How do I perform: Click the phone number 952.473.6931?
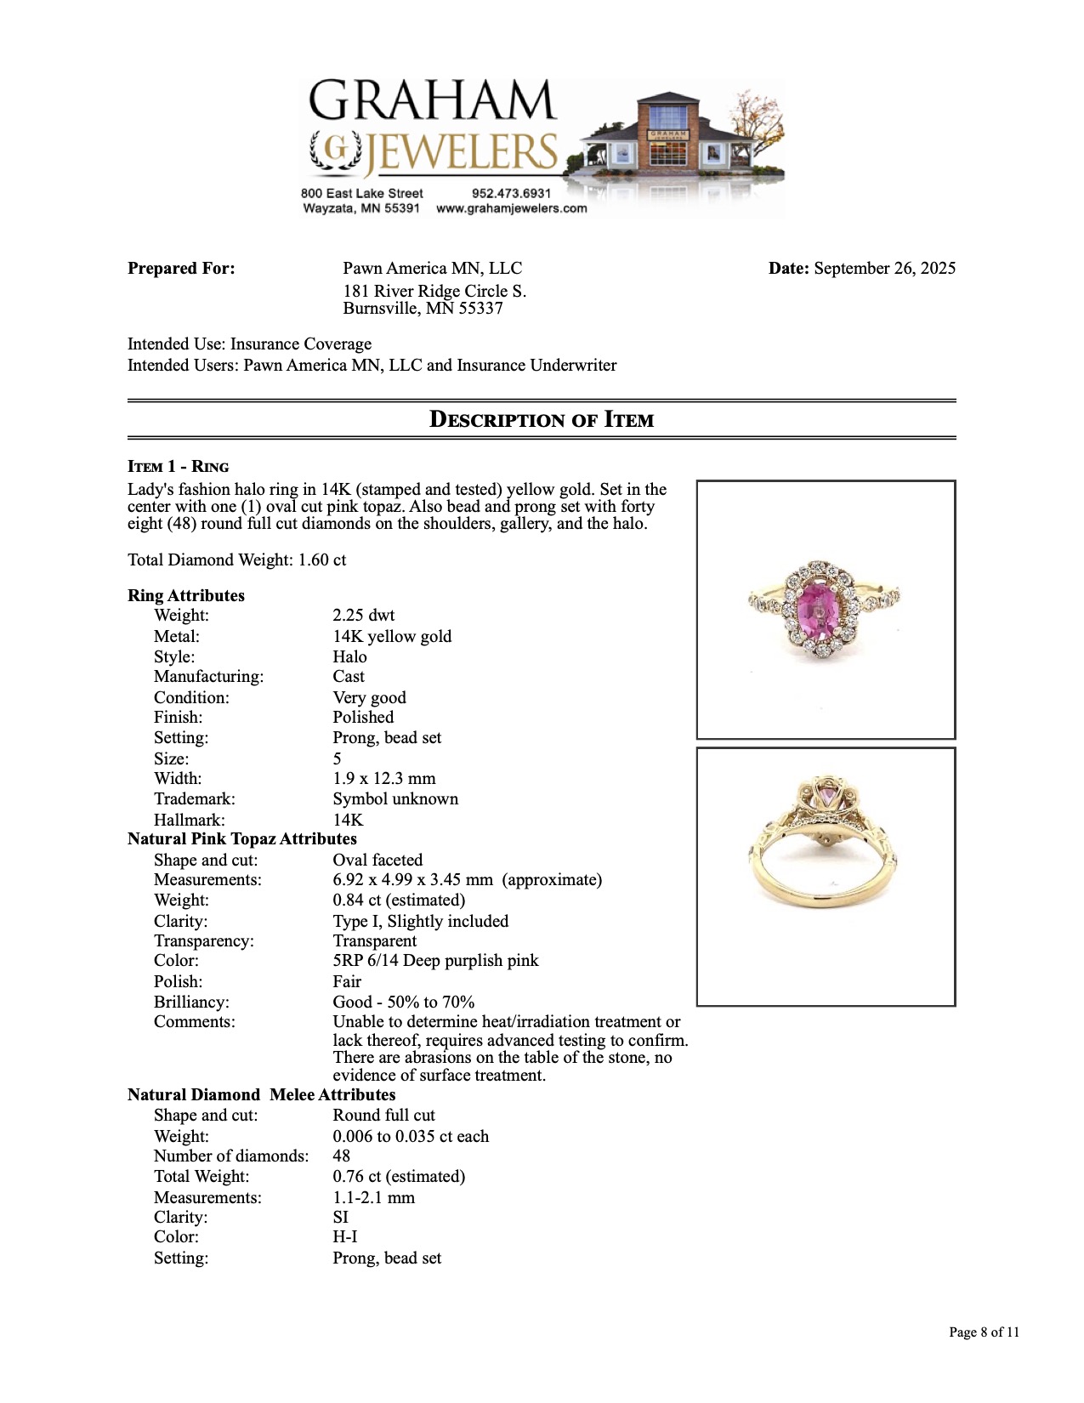pos(511,193)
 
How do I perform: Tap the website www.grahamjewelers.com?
pos(511,208)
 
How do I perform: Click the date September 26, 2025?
pos(884,269)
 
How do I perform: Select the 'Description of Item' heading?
pos(542,419)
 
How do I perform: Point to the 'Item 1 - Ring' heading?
pos(179,466)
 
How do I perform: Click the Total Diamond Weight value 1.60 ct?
pos(322,560)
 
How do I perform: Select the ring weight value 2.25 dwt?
pos(364,615)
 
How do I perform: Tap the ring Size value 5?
pos(338,758)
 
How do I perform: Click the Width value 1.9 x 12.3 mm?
pos(384,779)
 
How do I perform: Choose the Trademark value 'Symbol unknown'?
pos(395,799)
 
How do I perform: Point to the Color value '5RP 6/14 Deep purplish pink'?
pos(435,961)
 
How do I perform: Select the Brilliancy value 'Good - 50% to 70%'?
pos(404,1002)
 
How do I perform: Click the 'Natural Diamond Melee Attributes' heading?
pos(262,1095)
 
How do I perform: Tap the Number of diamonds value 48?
pos(342,1156)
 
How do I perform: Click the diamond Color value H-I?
pos(345,1237)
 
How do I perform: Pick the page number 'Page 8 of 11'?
pos(984,1332)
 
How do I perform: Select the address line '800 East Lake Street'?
pos(361,193)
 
